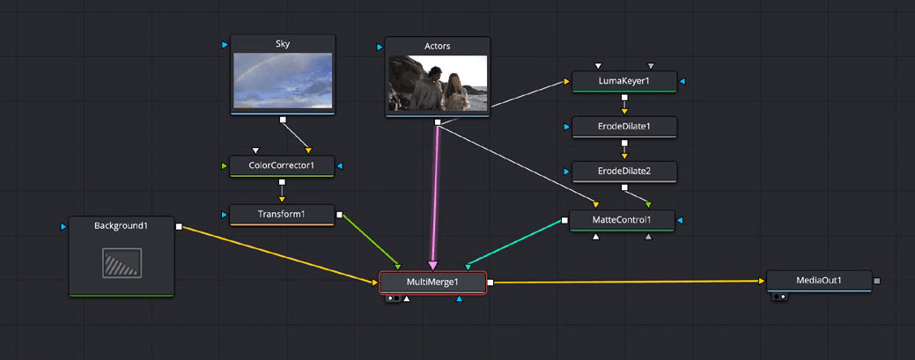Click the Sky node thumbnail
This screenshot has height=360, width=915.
pos(282,80)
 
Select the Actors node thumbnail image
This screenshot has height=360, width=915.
pos(438,84)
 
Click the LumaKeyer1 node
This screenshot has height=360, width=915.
pos(624,81)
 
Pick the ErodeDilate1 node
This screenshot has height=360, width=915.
pos(624,126)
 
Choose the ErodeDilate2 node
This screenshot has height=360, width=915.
pos(624,170)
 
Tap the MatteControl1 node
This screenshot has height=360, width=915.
pos(622,219)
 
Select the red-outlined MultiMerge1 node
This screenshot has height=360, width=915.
pos(432,282)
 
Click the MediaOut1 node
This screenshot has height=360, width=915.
pos(818,281)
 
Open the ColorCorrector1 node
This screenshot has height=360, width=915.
pos(281,165)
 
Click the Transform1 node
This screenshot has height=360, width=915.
pos(281,214)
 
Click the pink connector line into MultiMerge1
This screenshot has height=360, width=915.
pos(435,194)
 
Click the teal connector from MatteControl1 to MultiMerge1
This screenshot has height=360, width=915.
pos(515,242)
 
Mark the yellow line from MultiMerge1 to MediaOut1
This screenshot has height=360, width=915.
pos(625,282)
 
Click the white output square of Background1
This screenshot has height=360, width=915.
pos(179,226)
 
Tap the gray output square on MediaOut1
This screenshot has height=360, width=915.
pos(876,281)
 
